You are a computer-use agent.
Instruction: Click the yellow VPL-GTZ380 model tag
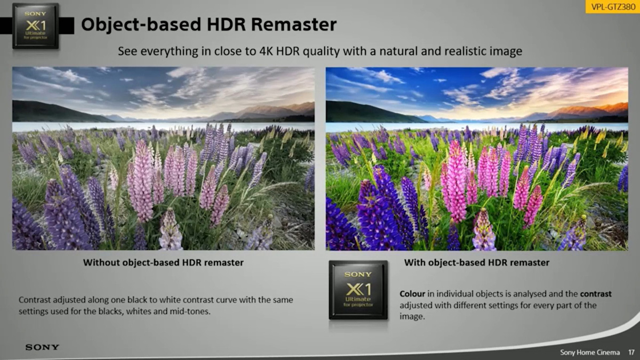pyautogui.click(x=613, y=6)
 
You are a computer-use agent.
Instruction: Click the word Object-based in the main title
pyautogui.click(x=141, y=26)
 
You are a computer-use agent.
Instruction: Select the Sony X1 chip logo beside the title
pyautogui.click(x=36, y=26)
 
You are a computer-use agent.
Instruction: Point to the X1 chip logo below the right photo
pyautogui.click(x=358, y=290)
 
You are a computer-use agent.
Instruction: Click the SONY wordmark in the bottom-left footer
pyautogui.click(x=42, y=347)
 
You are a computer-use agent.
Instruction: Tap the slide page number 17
pyautogui.click(x=631, y=353)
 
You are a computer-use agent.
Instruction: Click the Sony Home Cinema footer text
pyautogui.click(x=590, y=353)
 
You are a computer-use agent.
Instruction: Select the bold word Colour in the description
pyautogui.click(x=412, y=294)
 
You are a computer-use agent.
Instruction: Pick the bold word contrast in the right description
pyautogui.click(x=596, y=294)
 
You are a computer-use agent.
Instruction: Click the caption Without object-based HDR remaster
pyautogui.click(x=163, y=262)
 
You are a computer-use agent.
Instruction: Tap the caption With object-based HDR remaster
pyautogui.click(x=477, y=262)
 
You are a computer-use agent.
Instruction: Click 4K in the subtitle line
pyautogui.click(x=266, y=51)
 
